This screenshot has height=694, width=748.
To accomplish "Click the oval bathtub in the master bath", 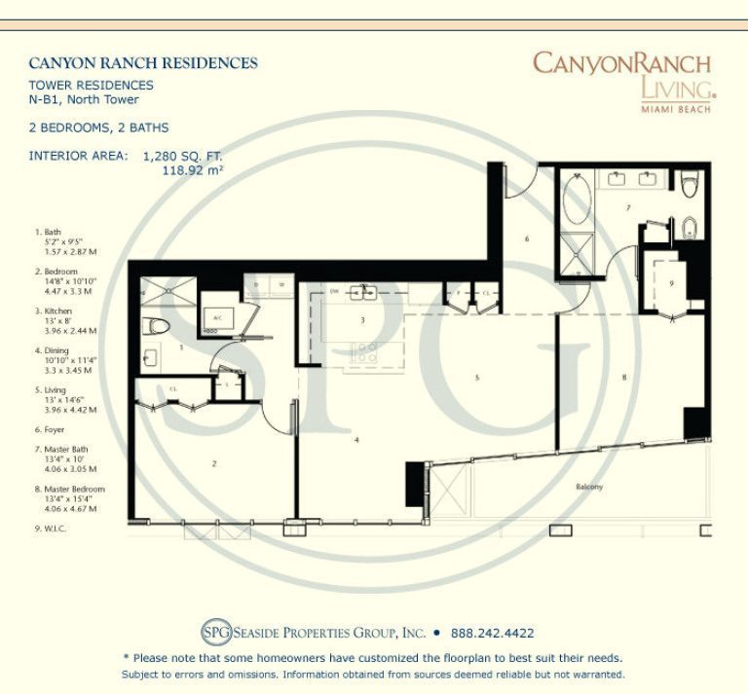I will [x=576, y=200].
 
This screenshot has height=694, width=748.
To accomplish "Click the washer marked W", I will [x=281, y=285].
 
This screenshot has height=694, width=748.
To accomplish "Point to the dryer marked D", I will [x=256, y=285].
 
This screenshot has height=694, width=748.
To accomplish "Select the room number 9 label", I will [x=671, y=283].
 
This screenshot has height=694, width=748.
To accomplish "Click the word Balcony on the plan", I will [x=588, y=487].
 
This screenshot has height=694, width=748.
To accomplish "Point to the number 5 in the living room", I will [x=477, y=378].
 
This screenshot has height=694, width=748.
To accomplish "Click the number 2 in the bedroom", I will [x=213, y=464].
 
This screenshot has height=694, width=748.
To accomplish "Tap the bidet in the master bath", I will [x=690, y=229].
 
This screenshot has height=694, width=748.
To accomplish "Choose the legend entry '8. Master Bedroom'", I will [x=68, y=489].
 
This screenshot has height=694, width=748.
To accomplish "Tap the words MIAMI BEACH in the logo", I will [x=675, y=108].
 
